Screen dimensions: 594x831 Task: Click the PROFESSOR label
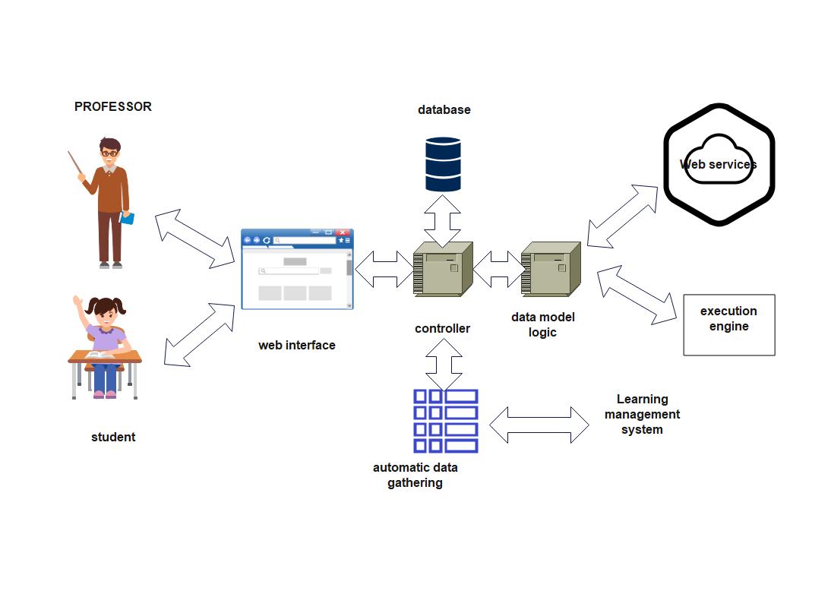click(113, 107)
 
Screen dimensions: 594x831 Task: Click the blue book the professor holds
click(128, 218)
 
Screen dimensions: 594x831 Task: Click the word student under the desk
click(113, 438)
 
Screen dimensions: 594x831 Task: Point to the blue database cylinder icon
click(443, 164)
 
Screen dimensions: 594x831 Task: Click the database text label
click(444, 110)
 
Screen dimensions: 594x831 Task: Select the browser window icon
click(297, 270)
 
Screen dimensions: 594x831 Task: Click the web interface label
click(296, 346)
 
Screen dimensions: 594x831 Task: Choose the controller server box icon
click(443, 269)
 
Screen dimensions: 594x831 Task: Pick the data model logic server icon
click(551, 269)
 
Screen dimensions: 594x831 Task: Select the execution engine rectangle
click(728, 324)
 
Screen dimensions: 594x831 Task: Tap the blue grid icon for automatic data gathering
click(445, 421)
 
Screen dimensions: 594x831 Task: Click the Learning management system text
click(642, 415)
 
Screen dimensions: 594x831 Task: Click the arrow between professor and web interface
click(194, 238)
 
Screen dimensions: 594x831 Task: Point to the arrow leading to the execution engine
click(637, 296)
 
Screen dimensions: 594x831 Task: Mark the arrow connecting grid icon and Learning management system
click(539, 425)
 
